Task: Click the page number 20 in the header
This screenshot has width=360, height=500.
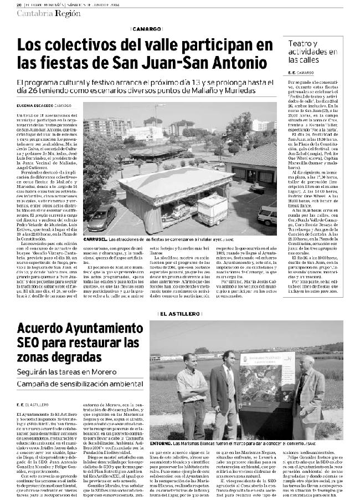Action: pos(18,4)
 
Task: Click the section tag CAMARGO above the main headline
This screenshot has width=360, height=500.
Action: pos(147,29)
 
